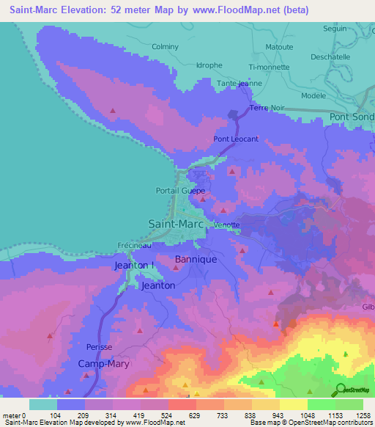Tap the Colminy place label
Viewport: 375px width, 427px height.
pos(164,47)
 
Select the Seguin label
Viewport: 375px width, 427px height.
pos(335,29)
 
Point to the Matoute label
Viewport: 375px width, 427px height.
pos(279,47)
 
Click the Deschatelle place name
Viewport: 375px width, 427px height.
pos(331,56)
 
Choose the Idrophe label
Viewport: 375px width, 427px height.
pos(209,65)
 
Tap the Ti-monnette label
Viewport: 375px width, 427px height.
pos(270,66)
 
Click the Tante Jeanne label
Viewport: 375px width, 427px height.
pos(239,84)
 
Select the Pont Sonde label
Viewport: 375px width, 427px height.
pos(352,117)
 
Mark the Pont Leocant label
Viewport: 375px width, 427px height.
pos(236,139)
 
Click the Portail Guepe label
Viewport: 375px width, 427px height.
pos(180,191)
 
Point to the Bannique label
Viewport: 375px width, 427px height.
pos(196,260)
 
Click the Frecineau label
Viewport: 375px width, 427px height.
pos(133,246)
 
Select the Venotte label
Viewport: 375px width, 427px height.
pos(227,225)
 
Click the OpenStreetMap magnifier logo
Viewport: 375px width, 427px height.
pos(340,390)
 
